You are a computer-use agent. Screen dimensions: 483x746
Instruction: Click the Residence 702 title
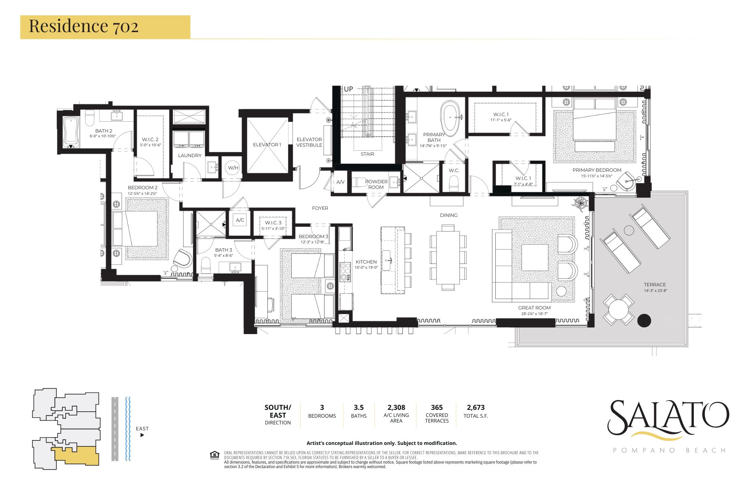[x=84, y=26]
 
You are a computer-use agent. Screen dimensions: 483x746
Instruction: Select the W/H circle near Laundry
[x=233, y=168]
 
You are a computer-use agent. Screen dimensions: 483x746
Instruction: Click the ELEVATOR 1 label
[x=267, y=144]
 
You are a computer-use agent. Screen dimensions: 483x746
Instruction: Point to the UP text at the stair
[x=348, y=90]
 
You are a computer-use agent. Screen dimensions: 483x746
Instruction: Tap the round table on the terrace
[x=618, y=309]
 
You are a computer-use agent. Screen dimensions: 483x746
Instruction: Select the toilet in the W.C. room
[x=454, y=184]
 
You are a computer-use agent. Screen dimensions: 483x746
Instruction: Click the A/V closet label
[x=340, y=182]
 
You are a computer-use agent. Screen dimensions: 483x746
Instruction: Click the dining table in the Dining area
[x=448, y=258]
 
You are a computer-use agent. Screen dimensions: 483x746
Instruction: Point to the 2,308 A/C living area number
[x=396, y=407]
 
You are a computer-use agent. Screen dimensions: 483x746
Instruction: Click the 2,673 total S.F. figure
[x=476, y=407]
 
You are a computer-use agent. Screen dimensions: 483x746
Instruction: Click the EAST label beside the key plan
[x=142, y=429]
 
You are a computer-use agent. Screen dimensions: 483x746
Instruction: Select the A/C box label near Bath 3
[x=240, y=220]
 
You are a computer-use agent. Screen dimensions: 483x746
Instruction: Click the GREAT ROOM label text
[x=534, y=308]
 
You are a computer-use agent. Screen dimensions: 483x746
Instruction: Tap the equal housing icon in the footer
[x=214, y=455]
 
